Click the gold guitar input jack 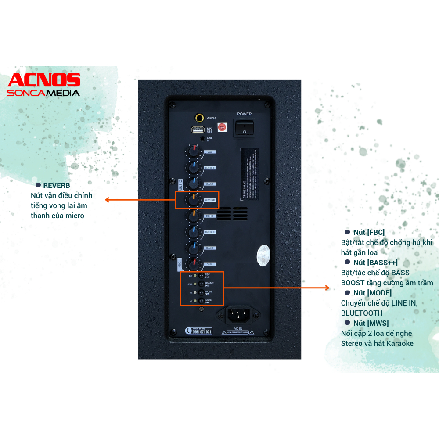click(200, 118)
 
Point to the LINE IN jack click(202, 138)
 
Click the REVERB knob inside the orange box click(193, 200)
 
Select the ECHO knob click(193, 216)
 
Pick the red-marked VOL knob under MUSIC click(193, 151)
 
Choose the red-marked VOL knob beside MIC click(193, 264)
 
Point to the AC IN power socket click(238, 314)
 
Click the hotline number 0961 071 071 click(202, 332)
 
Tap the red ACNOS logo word click(44, 80)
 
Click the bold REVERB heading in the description click(56, 185)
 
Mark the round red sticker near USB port click(222, 127)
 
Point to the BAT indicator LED click(195, 276)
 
